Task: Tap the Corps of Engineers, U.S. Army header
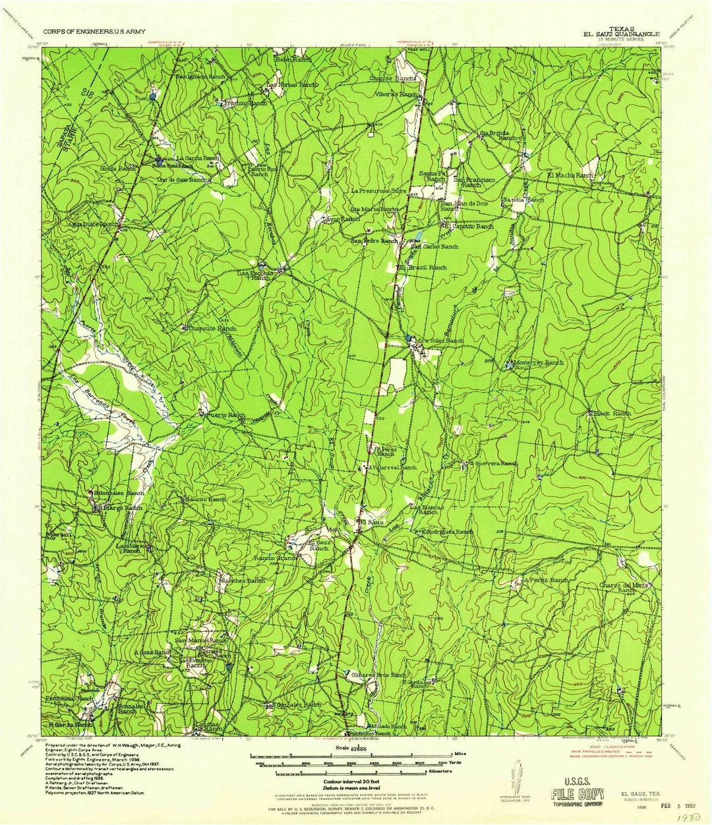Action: pos(94,31)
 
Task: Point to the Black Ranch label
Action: pos(612,413)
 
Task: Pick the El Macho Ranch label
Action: pos(570,176)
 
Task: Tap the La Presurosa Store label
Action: pos(379,192)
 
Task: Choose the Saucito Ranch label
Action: pos(205,499)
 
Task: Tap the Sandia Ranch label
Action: pos(523,199)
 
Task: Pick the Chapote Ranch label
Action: pos(392,78)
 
